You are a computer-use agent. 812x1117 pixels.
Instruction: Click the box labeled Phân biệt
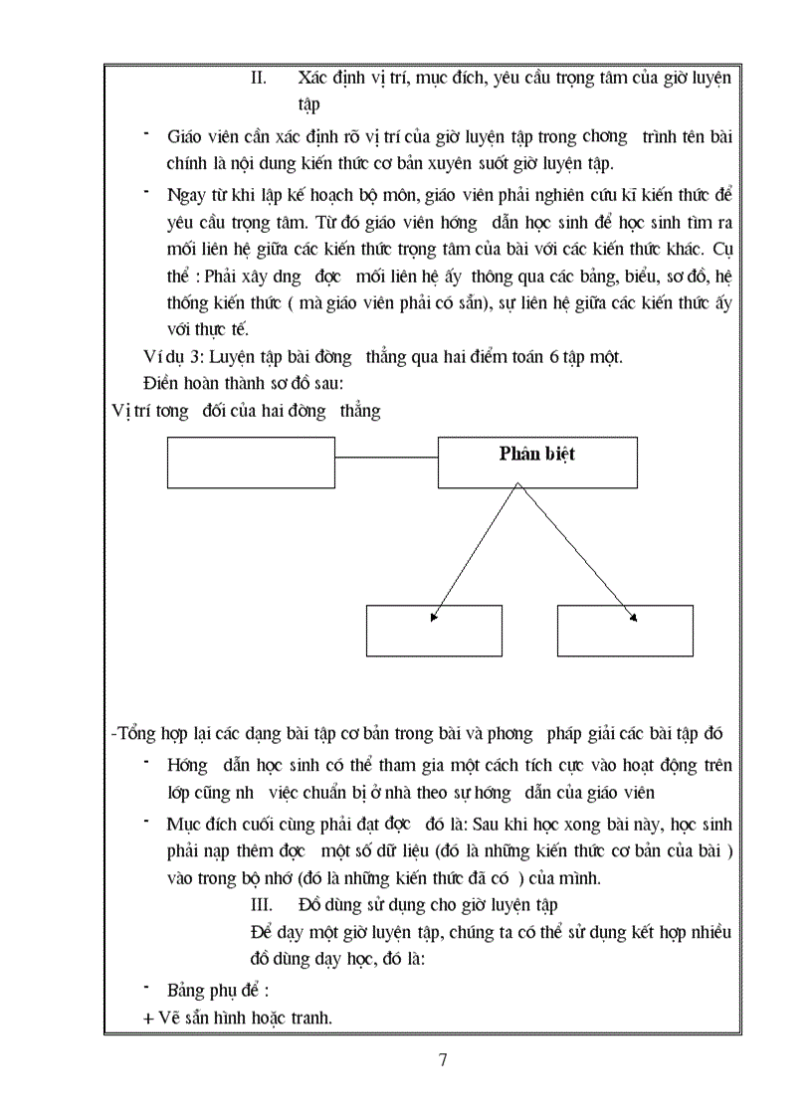537,463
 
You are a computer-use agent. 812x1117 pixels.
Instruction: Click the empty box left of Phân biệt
251,463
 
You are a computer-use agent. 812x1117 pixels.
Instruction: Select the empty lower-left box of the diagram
434,631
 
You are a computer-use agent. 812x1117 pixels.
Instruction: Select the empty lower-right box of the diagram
625,631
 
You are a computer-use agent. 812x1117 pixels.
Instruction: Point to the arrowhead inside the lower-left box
434,618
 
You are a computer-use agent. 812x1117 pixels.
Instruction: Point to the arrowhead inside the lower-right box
633,618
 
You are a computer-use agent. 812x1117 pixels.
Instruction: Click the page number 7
443,1059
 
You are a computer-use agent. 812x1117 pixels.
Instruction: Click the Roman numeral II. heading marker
259,78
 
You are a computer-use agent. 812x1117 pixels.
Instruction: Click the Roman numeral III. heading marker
262,905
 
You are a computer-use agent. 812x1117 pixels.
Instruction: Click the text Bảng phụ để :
218,992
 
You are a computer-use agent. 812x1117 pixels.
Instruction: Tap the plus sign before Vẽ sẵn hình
149,1019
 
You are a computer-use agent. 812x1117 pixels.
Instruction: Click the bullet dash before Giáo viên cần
146,132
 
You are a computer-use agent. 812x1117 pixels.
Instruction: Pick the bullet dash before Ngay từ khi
146,189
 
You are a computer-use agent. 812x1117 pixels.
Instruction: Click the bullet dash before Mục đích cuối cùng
146,822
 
